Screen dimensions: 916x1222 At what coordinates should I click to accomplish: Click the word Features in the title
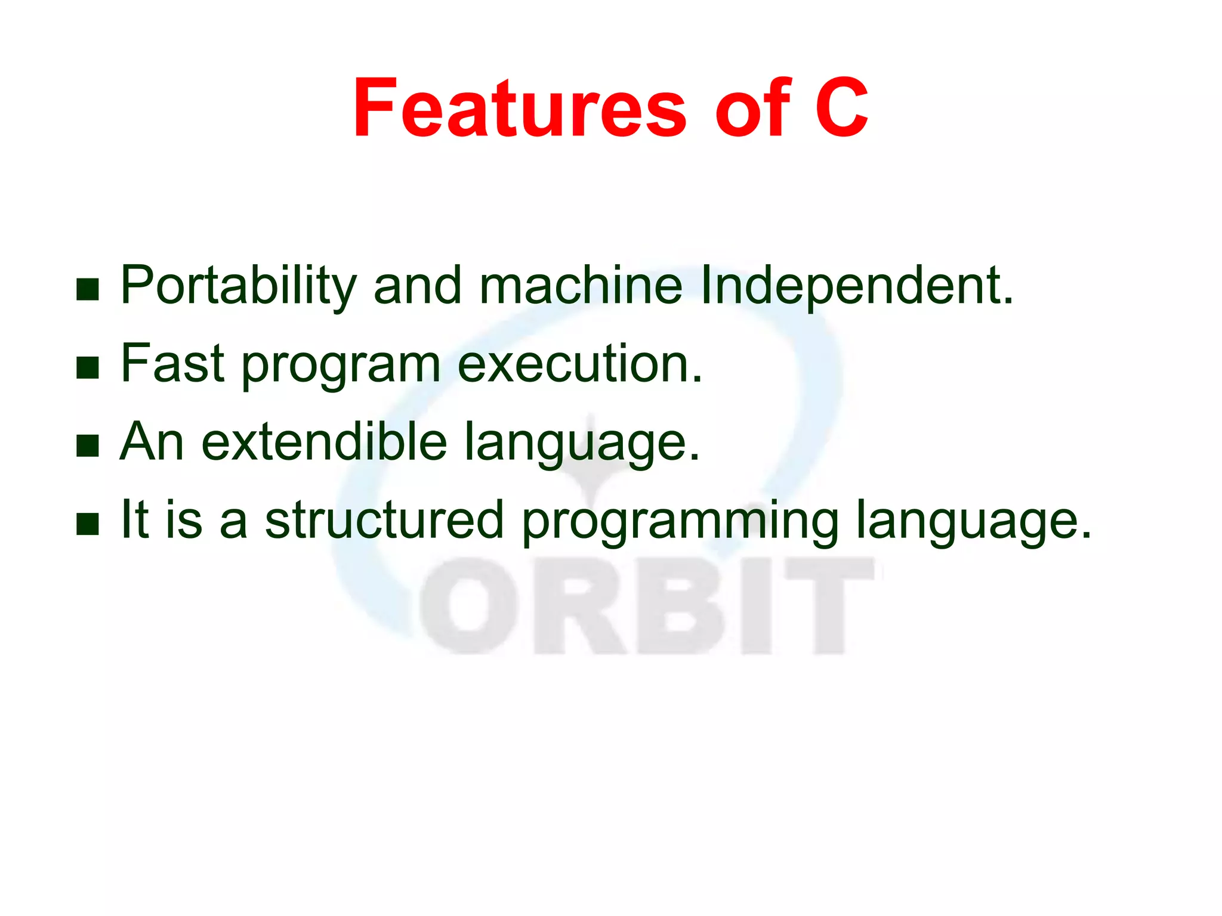click(519, 109)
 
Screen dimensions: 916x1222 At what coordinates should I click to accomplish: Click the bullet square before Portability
click(88, 290)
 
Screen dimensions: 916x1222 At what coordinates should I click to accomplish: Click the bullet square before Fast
click(88, 368)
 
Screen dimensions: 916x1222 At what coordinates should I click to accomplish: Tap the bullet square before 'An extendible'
click(88, 446)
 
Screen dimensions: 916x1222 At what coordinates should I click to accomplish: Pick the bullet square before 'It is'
click(88, 524)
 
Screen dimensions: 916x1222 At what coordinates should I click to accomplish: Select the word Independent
click(856, 286)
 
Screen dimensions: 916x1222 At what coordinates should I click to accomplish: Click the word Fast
click(172, 363)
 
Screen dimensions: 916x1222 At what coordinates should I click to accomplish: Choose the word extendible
click(325, 441)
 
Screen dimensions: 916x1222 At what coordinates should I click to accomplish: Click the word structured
click(384, 519)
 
